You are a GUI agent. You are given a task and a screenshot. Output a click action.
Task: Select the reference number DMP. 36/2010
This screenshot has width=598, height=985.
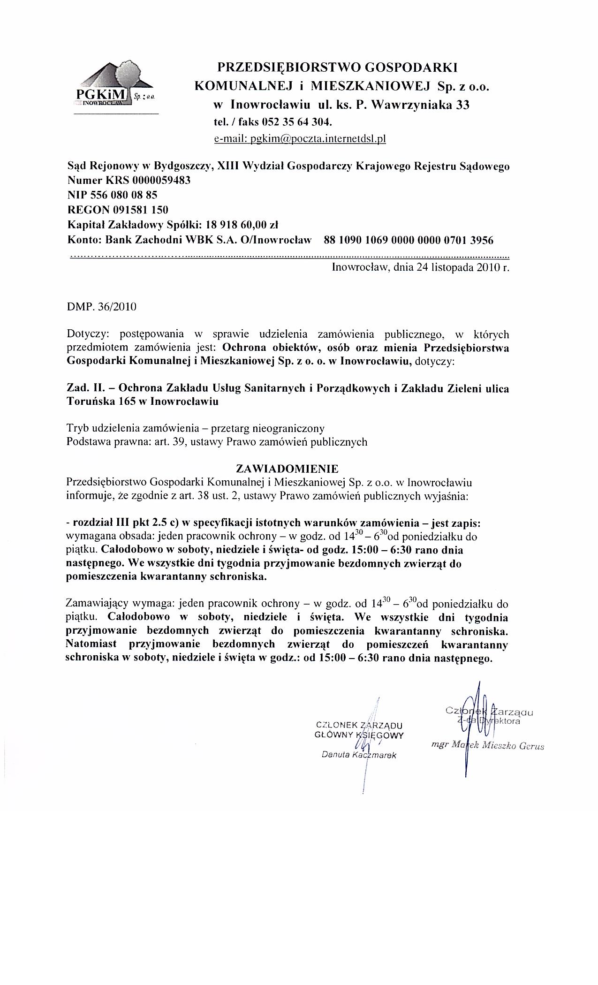[x=102, y=307]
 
